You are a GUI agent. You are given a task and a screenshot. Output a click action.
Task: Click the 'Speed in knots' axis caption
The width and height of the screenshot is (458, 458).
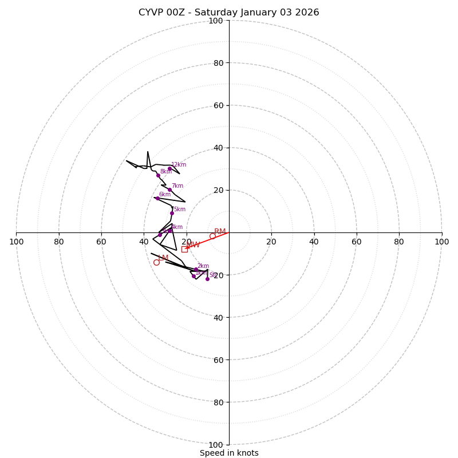pos(229,453)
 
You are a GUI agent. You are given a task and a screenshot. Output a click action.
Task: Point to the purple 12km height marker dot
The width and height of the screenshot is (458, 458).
pos(169,168)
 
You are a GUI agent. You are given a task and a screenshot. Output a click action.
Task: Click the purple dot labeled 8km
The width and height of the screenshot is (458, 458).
pos(159,175)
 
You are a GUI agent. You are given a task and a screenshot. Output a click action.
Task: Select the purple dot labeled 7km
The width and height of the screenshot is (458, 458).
pos(169,189)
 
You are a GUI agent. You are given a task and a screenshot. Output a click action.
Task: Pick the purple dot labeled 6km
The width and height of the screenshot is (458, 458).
pos(157,198)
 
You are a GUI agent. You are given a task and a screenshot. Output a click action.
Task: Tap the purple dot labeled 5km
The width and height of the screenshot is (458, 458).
pos(172,213)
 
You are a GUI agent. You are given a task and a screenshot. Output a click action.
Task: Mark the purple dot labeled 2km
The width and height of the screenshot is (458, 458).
pos(196,269)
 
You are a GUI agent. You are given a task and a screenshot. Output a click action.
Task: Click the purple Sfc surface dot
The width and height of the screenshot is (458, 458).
pos(207,279)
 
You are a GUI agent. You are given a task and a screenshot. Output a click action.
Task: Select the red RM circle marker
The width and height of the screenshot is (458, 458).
pos(212,236)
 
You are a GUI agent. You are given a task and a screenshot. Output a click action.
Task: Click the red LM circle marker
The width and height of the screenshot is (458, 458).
pos(156,262)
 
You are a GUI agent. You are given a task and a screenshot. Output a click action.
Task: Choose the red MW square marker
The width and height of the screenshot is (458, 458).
pos(184,249)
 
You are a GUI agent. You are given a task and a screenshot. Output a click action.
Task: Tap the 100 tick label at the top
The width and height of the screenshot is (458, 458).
pos(216,21)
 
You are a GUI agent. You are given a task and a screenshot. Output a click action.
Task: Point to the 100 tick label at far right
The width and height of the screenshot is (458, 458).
pos(442,242)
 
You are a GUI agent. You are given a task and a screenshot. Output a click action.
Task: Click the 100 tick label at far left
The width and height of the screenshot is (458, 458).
pos(16,242)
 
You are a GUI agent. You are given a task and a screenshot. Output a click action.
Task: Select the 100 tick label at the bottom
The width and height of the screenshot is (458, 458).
pos(216,444)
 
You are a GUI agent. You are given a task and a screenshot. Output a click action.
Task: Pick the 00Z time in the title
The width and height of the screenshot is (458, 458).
pos(177,13)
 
